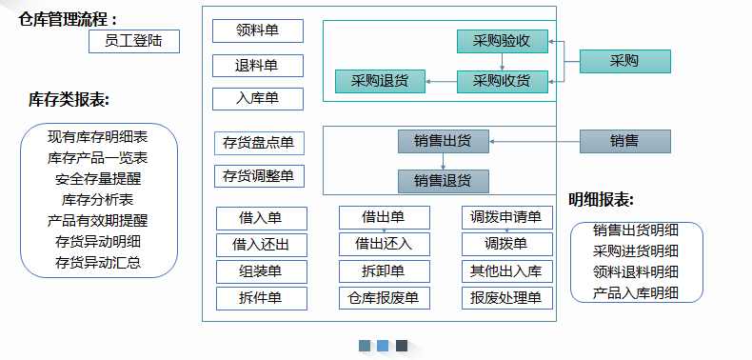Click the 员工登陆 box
[133, 41]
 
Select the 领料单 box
[258, 30]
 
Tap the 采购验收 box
[502, 41]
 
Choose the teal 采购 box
[624, 61]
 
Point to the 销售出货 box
[443, 141]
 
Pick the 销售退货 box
[443, 181]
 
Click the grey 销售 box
[624, 141]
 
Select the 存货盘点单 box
[258, 144]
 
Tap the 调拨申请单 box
[505, 218]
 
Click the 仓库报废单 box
[384, 298]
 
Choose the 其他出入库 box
[505, 271]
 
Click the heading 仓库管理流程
[69, 19]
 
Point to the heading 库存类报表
[68, 99]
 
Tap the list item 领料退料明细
[636, 271]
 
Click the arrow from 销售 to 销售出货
[534, 142]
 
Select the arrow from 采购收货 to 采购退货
[441, 81]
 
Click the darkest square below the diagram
[402, 346]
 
